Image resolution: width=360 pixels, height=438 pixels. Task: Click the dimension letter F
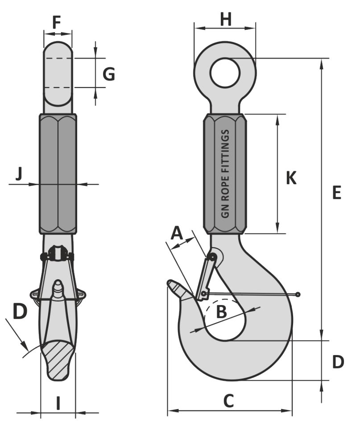click(x=56, y=22)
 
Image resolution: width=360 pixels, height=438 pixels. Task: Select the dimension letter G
click(x=109, y=74)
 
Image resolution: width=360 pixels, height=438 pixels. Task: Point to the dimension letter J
click(x=19, y=174)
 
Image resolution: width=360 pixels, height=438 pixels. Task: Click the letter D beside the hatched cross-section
click(x=19, y=311)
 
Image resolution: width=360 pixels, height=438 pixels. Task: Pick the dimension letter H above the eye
click(x=226, y=19)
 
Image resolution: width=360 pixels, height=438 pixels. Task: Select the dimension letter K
click(x=291, y=178)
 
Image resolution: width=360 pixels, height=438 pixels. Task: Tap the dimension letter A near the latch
click(x=177, y=233)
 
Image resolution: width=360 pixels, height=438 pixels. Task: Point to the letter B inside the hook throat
click(x=222, y=312)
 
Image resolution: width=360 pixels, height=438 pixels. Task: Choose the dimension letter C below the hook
click(x=228, y=401)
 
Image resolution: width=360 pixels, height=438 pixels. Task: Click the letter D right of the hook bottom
click(x=338, y=362)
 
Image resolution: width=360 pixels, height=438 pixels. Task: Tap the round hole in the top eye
click(x=225, y=73)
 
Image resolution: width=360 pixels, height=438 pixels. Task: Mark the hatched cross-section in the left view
click(x=58, y=359)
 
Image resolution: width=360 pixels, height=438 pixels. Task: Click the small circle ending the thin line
click(x=298, y=294)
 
